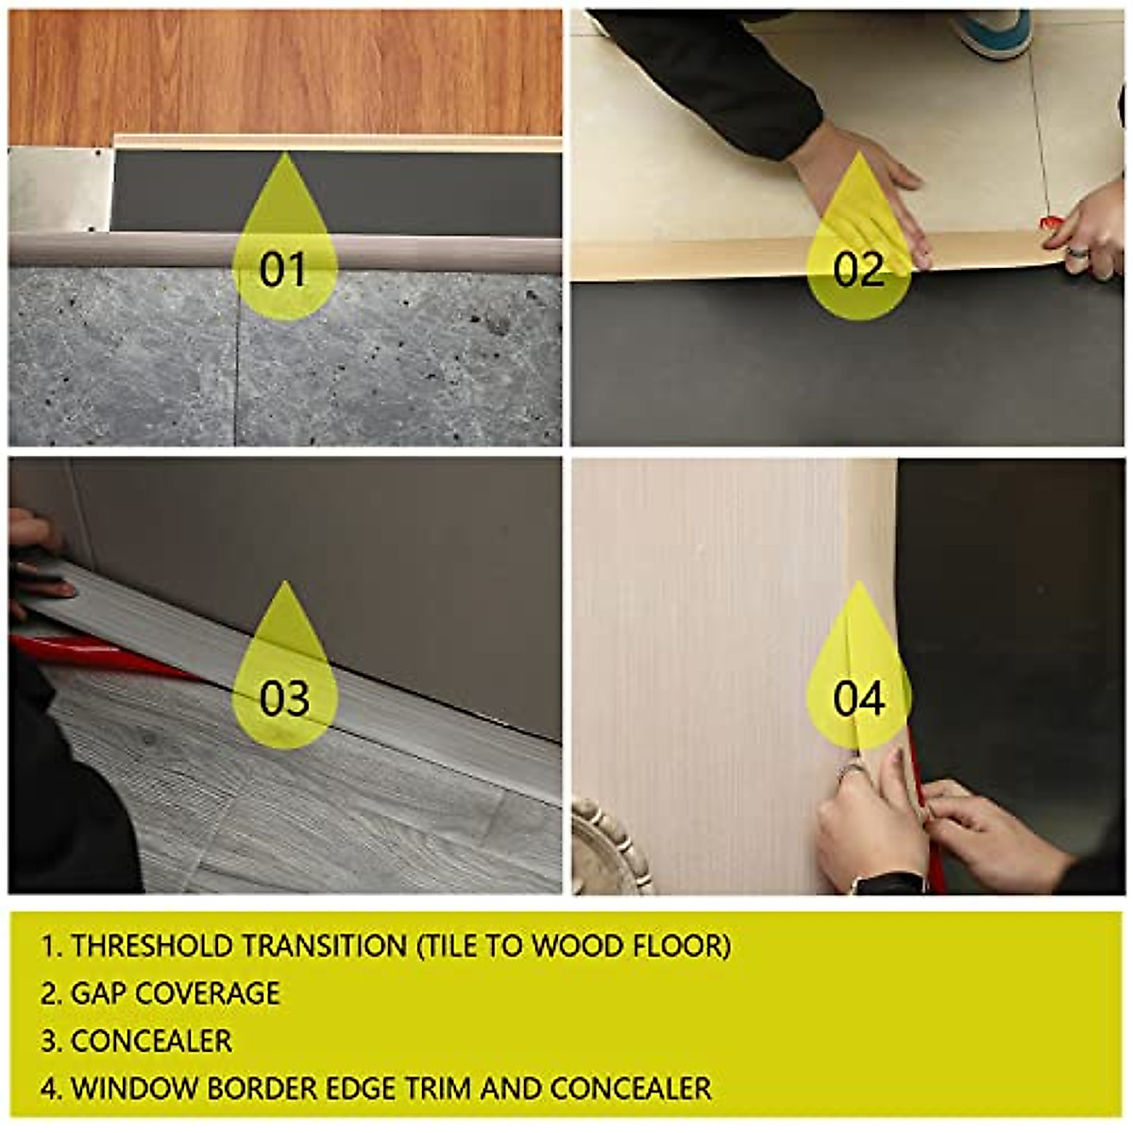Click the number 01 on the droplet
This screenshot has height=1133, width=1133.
coord(284,270)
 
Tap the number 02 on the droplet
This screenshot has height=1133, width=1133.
coord(858,270)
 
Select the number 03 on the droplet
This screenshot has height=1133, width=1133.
coord(284,699)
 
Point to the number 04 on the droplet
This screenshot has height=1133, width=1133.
coord(858,699)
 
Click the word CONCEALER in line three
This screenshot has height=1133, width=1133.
coord(151,1040)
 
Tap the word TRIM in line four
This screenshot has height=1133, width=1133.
coord(438,1088)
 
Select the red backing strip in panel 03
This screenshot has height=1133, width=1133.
coord(104,654)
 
